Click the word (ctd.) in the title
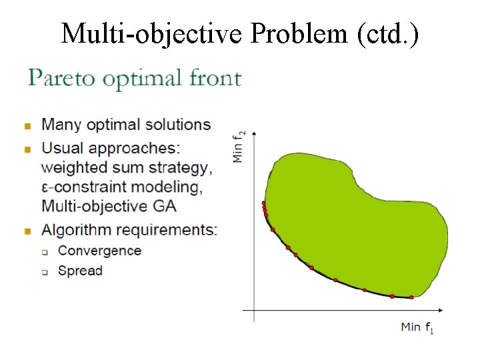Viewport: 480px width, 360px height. tap(388, 33)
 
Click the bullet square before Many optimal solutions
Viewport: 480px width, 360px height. tap(28, 125)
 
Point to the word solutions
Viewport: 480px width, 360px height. tap(177, 125)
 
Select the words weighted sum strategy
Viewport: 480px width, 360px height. tap(127, 166)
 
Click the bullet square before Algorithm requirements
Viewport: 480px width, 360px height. tap(28, 231)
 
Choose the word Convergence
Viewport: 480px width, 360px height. tap(99, 251)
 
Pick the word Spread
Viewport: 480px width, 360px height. tap(80, 271)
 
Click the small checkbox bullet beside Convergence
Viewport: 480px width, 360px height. tap(45, 252)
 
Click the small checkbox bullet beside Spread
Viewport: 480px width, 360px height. tap(45, 272)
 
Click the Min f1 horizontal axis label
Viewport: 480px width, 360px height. tap(417, 327)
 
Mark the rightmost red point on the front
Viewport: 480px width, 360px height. tap(411, 297)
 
